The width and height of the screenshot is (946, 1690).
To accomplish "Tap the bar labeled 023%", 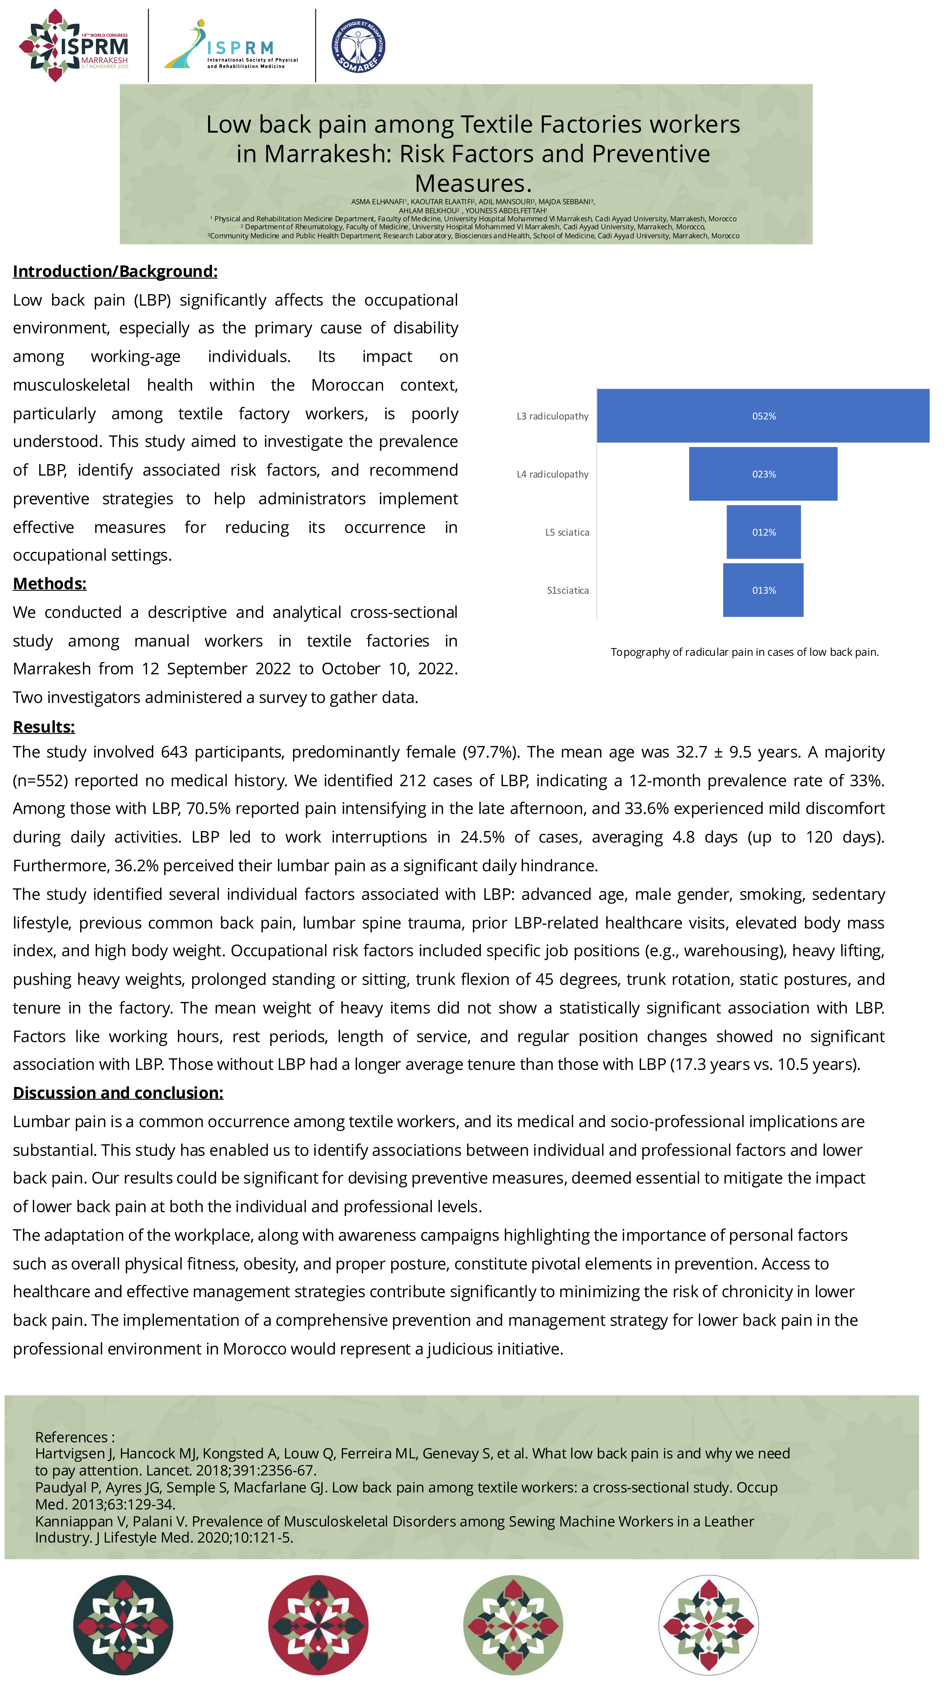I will click(763, 474).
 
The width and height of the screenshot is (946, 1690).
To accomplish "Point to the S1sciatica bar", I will click(763, 590).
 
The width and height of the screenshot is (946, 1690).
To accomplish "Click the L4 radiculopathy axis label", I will click(552, 474).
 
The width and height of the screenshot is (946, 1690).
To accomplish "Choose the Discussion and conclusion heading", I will click(118, 1092).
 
